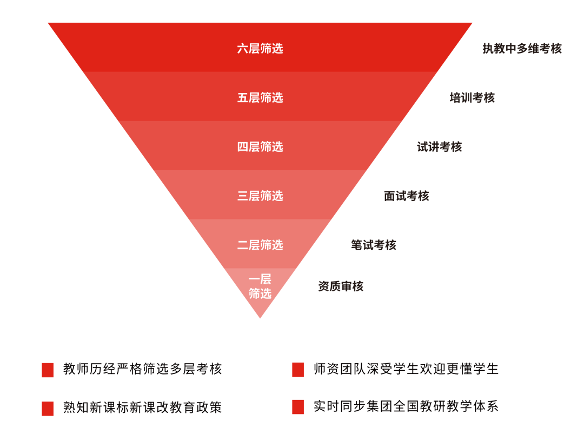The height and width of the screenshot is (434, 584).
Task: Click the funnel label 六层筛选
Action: (260, 49)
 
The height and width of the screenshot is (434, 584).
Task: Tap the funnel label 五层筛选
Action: (260, 98)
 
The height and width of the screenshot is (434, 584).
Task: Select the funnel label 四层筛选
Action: (260, 147)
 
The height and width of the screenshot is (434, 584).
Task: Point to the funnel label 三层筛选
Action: (260, 196)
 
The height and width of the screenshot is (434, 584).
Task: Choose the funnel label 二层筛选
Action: (260, 245)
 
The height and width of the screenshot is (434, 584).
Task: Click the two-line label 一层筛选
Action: (260, 286)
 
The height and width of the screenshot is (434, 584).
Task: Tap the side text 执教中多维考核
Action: (522, 49)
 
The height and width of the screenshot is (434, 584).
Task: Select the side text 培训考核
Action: (472, 98)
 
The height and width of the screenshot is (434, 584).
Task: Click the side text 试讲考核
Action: (439, 147)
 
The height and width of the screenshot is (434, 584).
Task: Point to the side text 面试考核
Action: (406, 196)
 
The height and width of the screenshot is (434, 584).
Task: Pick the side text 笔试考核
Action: (373, 245)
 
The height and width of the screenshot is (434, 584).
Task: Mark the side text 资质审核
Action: (340, 286)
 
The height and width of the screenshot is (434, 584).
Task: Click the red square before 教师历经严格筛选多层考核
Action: (48, 370)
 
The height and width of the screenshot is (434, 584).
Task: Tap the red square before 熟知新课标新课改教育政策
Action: (48, 409)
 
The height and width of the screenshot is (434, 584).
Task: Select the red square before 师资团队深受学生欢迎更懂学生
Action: (298, 370)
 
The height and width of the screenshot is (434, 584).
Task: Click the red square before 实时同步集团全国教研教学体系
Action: (298, 408)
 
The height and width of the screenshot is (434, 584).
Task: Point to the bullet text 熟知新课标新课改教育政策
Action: (142, 408)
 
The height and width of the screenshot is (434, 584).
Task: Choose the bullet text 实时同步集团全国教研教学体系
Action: (406, 406)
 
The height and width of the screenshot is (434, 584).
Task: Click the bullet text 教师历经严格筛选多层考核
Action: (142, 369)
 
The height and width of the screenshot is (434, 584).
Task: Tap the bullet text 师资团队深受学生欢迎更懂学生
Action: (406, 369)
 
